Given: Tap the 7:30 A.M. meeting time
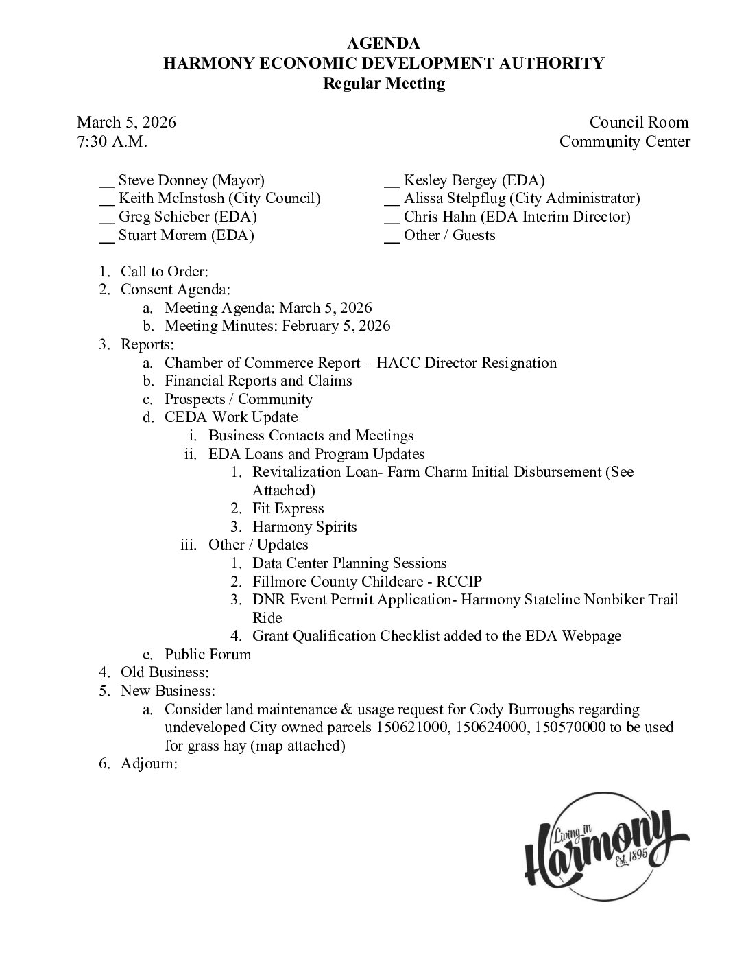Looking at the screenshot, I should (x=112, y=141).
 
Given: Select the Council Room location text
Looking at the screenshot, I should (x=638, y=122).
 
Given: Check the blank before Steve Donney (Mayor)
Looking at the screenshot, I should (x=106, y=181).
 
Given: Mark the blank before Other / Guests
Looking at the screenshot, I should (x=392, y=236).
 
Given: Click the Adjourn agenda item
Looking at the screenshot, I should (x=149, y=764).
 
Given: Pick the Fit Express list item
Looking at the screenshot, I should (x=288, y=508).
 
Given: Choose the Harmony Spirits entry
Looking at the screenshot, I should (x=304, y=527).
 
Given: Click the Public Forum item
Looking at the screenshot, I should (x=208, y=655).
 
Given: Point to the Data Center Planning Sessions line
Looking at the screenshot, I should (x=349, y=563).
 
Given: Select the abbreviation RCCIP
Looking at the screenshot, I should (x=459, y=582).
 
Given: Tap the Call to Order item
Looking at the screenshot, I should (x=165, y=272).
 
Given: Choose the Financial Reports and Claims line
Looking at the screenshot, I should (x=258, y=381).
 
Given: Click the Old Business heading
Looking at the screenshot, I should (x=165, y=672).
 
